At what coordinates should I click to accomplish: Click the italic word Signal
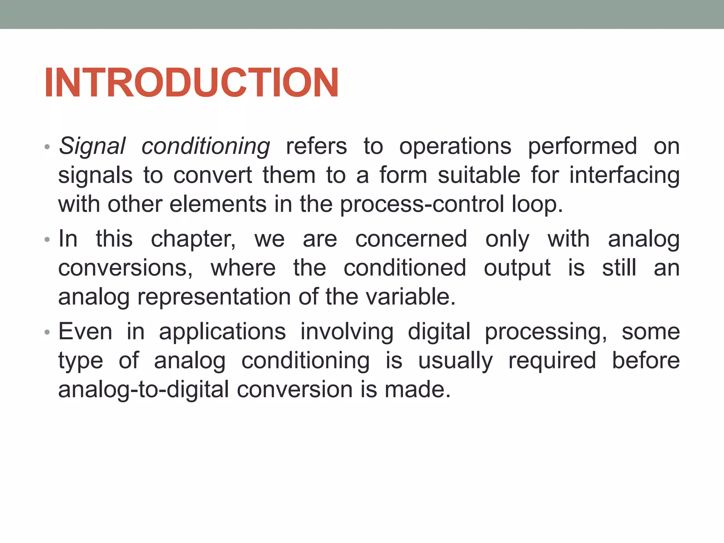pos(92,146)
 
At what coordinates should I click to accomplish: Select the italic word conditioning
pos(206,146)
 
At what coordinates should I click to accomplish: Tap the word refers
pos(316,146)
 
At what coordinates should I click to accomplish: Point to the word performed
pos(582,146)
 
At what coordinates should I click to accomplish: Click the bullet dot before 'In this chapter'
pos(47,240)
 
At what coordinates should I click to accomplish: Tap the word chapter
pos(193,239)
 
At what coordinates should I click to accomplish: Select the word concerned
pos(411,239)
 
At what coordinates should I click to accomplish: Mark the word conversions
pos(125,268)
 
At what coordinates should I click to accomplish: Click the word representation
pos(214,297)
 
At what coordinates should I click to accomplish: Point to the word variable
pos(410,297)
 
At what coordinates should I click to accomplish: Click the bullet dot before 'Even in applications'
pos(47,332)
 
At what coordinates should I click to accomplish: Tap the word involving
pos(347,332)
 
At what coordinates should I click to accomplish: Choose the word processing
pos(545,332)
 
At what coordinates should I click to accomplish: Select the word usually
pos(455,361)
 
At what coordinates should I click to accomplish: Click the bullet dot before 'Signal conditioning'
pos(47,147)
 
